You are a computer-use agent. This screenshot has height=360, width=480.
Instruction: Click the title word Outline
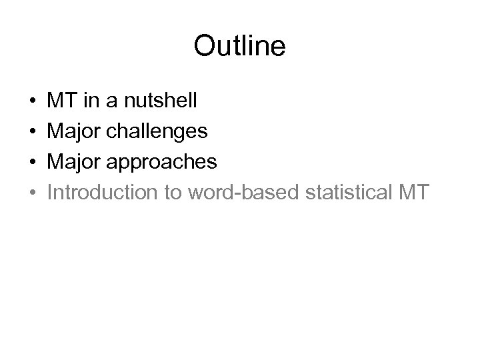coord(239,46)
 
